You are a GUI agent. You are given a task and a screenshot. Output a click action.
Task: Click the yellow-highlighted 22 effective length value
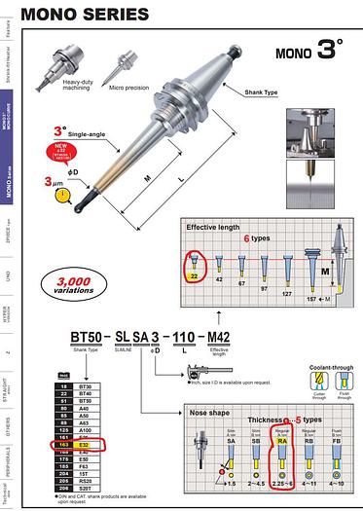click(x=194, y=275)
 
